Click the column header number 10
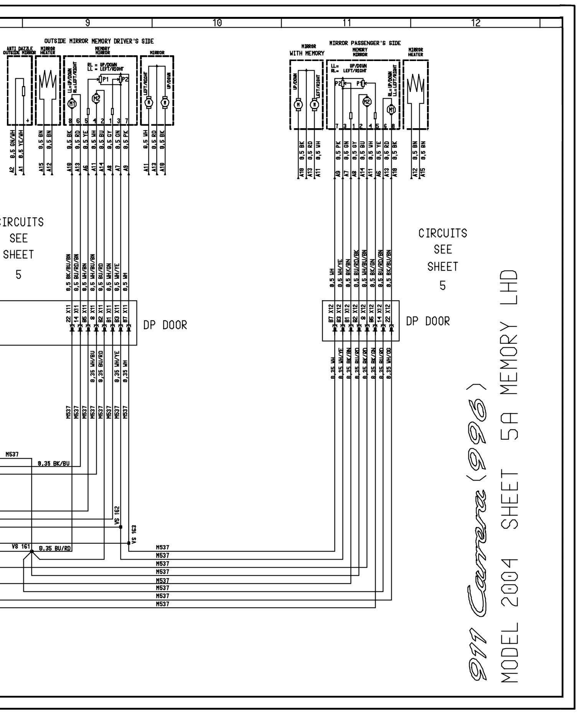[217, 23]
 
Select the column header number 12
[476, 23]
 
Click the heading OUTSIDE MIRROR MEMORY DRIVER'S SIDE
[99, 41]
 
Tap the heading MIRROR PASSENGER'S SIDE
[365, 43]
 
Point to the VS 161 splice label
[21, 546]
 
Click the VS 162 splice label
[117, 515]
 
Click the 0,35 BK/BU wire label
[54, 463]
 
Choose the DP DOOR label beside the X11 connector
[165, 325]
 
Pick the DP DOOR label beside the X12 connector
[428, 321]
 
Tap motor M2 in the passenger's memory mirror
[367, 101]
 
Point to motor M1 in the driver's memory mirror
[72, 103]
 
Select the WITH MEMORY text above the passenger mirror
[307, 53]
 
